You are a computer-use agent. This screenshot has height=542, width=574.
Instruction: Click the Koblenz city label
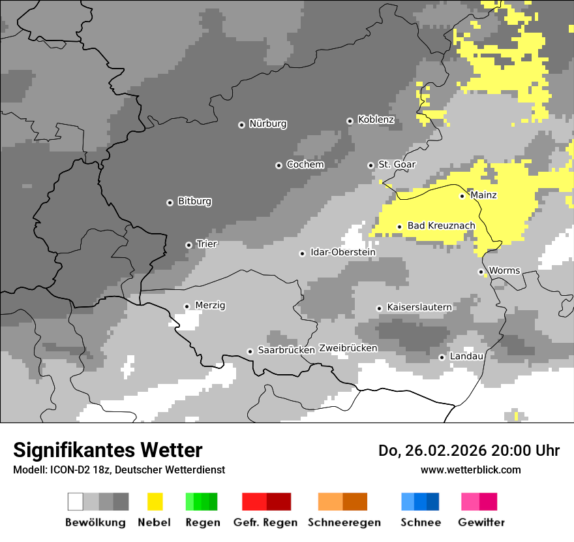[376, 120]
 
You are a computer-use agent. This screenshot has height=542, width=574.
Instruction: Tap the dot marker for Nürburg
[241, 124]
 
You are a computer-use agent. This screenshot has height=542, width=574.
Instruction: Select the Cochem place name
[305, 165]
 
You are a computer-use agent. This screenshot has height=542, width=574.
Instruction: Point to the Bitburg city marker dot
[170, 202]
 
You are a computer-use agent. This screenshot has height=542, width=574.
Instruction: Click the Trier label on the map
[207, 244]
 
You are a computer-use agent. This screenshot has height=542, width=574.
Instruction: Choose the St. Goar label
[397, 165]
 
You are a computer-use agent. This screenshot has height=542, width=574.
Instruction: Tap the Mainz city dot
[462, 195]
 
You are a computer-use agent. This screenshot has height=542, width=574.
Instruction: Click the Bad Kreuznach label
[441, 225]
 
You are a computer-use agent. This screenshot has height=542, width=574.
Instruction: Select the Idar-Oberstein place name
[342, 252]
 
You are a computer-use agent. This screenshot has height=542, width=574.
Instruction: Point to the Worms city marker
[481, 272]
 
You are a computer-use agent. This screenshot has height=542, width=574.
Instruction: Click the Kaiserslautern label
[419, 307]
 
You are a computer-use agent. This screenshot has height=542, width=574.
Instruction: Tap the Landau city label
[466, 356]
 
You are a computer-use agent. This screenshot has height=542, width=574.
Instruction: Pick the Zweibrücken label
[348, 348]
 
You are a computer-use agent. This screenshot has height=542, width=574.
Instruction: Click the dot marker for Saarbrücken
[250, 351]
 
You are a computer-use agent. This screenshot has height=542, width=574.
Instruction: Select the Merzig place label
[210, 305]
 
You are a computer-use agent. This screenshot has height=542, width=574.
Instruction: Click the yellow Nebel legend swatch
[155, 502]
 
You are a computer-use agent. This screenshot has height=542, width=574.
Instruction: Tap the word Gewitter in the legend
[481, 522]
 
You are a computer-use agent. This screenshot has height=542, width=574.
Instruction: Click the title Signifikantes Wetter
[108, 450]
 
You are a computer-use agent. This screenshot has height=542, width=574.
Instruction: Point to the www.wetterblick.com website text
[470, 470]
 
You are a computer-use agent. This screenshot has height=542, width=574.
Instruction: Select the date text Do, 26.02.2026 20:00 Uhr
[468, 451]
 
